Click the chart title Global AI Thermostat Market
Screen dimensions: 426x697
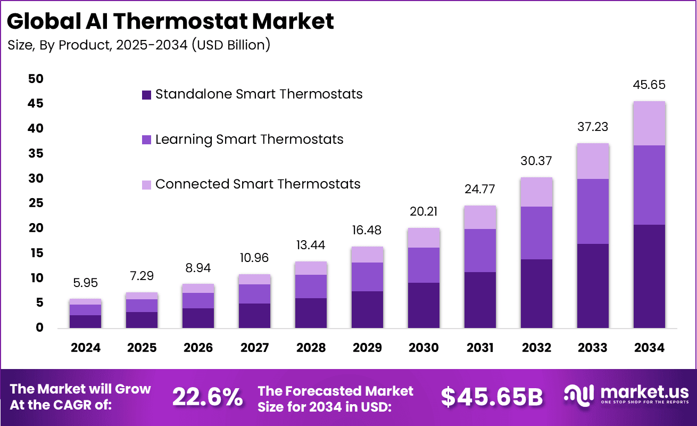(x=171, y=21)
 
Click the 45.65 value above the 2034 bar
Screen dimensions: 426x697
(x=649, y=85)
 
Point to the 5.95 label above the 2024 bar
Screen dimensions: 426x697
(x=86, y=283)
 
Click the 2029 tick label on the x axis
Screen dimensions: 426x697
(x=367, y=348)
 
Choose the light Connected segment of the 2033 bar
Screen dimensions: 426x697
(x=593, y=161)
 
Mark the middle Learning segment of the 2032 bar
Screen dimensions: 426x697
(x=536, y=233)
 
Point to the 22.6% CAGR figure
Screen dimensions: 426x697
(x=208, y=397)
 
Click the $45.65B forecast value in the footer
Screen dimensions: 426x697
(x=492, y=397)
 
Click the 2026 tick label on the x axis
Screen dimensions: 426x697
(x=198, y=348)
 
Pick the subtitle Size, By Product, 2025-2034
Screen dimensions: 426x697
(x=139, y=45)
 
